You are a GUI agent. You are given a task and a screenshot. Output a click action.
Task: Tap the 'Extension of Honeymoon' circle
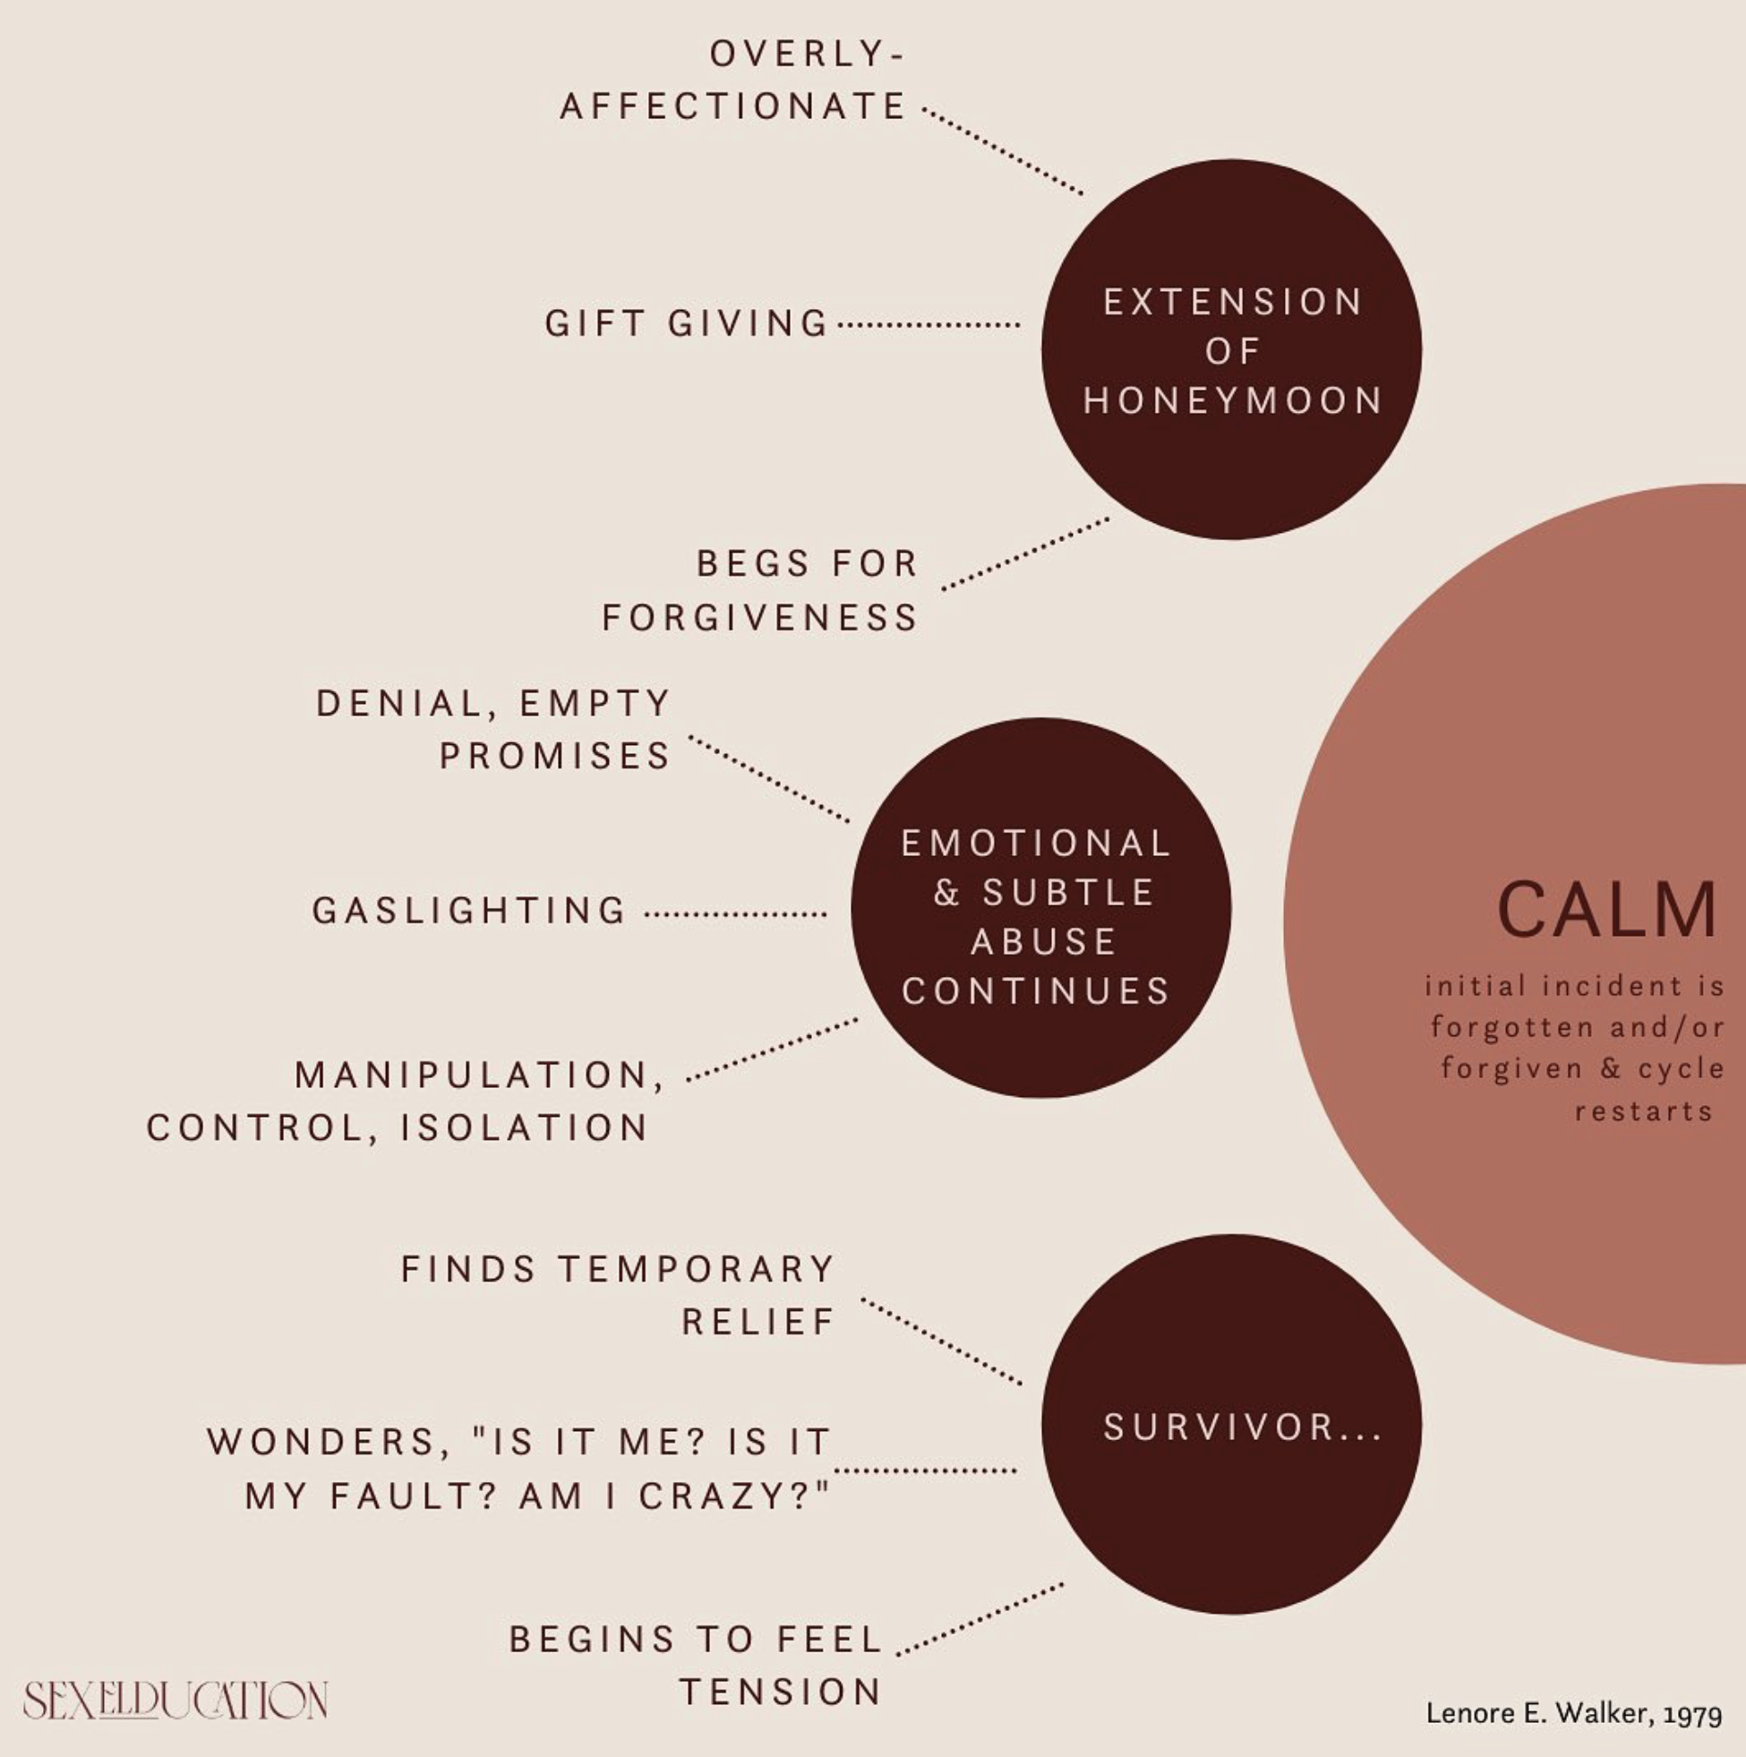coord(1231,349)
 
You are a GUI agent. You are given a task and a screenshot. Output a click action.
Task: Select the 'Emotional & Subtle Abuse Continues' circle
coord(1040,907)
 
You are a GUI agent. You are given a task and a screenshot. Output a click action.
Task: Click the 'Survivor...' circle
coord(1231,1424)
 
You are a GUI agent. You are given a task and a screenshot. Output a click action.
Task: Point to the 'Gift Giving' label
coord(687,323)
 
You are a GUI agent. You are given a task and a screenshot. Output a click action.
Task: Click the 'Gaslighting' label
coord(469,911)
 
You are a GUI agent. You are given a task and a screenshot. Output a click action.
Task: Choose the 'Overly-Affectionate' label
coord(733,80)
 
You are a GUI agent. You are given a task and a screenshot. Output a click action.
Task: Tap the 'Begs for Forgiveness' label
coord(760,590)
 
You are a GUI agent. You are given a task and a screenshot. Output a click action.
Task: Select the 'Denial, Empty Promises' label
coord(492,729)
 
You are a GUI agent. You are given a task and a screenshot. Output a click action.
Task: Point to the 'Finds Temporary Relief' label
coord(618,1295)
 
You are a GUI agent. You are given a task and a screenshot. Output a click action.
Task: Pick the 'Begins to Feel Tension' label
coord(696,1666)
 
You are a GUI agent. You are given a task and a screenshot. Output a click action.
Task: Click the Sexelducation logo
coord(175,1700)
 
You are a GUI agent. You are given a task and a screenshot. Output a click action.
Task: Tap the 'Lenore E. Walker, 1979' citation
coord(1574,1713)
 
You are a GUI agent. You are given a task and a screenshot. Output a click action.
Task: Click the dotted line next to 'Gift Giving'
coord(928,324)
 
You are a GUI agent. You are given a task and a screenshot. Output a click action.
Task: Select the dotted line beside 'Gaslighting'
coord(736,914)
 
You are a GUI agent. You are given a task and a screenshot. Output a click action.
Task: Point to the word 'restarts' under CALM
coord(1644,1111)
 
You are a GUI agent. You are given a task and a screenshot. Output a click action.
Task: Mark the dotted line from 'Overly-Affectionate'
coord(1002,152)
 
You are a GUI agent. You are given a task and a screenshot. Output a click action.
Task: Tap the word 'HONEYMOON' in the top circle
coord(1233,400)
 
